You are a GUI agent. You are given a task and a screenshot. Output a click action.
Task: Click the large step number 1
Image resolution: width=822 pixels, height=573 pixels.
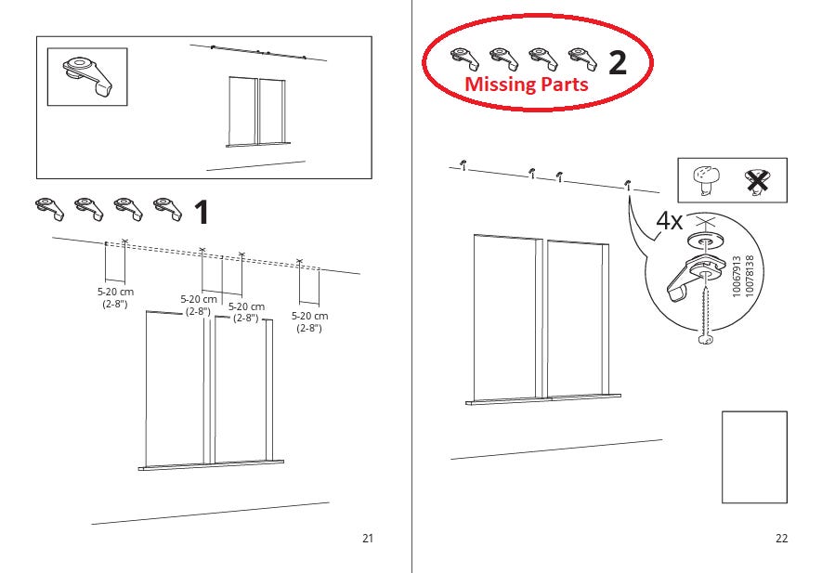[202, 213]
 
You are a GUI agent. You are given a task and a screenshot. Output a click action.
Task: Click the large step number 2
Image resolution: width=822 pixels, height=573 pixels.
[618, 62]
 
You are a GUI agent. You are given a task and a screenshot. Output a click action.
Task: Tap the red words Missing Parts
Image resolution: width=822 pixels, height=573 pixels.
[527, 84]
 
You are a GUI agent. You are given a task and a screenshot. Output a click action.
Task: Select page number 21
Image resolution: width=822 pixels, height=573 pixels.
[368, 538]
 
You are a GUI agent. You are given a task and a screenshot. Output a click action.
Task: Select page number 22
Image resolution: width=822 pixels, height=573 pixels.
[781, 538]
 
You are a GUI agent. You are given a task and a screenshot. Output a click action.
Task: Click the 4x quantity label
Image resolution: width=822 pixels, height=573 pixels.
[670, 221]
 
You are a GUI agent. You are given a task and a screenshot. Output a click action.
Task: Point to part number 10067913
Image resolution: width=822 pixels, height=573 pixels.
[737, 276]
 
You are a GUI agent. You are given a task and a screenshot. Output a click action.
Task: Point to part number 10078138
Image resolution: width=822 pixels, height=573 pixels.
[750, 276]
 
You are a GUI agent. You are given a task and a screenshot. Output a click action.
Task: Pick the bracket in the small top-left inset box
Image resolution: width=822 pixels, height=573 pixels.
[87, 75]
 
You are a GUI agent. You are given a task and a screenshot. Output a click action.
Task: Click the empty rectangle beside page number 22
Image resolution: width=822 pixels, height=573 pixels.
[754, 457]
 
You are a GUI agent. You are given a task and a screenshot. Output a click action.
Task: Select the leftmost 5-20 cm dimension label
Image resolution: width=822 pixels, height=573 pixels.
[115, 297]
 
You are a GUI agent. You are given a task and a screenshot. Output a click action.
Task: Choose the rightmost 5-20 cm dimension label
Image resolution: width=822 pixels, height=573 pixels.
[309, 321]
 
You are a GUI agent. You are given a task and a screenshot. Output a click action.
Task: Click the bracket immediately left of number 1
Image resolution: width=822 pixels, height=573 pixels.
[168, 209]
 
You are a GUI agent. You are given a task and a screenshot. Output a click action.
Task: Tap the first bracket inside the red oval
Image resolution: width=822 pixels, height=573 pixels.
[464, 59]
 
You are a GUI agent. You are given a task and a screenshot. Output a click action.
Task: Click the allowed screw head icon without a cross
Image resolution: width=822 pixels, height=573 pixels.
[705, 180]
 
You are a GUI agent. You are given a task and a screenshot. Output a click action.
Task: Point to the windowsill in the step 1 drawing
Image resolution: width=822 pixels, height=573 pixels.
[211, 465]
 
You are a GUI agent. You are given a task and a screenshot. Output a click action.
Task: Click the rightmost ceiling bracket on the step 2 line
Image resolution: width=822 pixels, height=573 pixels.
[628, 185]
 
